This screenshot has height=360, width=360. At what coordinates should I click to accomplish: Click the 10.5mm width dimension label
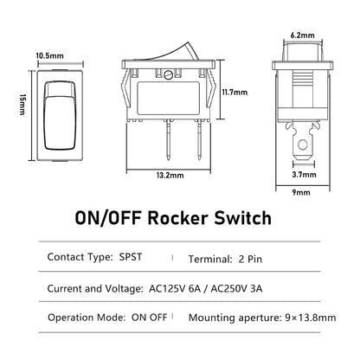pyautogui.click(x=50, y=55)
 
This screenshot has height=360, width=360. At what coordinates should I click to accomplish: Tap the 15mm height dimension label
pyautogui.click(x=22, y=105)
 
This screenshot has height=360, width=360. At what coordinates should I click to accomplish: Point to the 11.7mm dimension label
pyautogui.click(x=235, y=93)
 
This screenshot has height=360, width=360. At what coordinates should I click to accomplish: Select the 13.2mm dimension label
pyautogui.click(x=170, y=175)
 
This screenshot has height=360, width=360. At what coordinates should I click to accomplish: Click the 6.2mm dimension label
pyautogui.click(x=302, y=35)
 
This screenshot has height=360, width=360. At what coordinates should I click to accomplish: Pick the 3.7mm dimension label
pyautogui.click(x=304, y=175)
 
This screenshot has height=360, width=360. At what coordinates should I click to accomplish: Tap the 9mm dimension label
pyautogui.click(x=301, y=192)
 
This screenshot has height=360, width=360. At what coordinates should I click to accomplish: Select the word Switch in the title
pyautogui.click(x=242, y=218)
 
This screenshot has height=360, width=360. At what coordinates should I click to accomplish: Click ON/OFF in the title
pyautogui.click(x=108, y=218)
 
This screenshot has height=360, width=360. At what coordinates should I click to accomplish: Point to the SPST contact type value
pyautogui.click(x=131, y=257)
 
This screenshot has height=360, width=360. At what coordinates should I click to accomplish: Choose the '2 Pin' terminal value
pyautogui.click(x=250, y=259)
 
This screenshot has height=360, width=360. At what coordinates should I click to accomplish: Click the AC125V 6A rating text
pyautogui.click(x=175, y=288)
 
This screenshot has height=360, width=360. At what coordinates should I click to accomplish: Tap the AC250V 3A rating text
pyautogui.click(x=236, y=288)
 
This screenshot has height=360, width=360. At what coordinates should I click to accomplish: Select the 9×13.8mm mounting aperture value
pyautogui.click(x=311, y=318)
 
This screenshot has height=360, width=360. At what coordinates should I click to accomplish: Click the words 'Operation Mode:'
pyautogui.click(x=87, y=318)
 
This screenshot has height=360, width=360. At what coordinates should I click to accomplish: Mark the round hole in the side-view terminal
pyautogui.click(x=303, y=145)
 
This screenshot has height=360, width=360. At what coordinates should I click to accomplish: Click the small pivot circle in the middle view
pyautogui.click(x=168, y=75)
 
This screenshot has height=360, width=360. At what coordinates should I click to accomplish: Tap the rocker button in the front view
pyautogui.click(x=60, y=116)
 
